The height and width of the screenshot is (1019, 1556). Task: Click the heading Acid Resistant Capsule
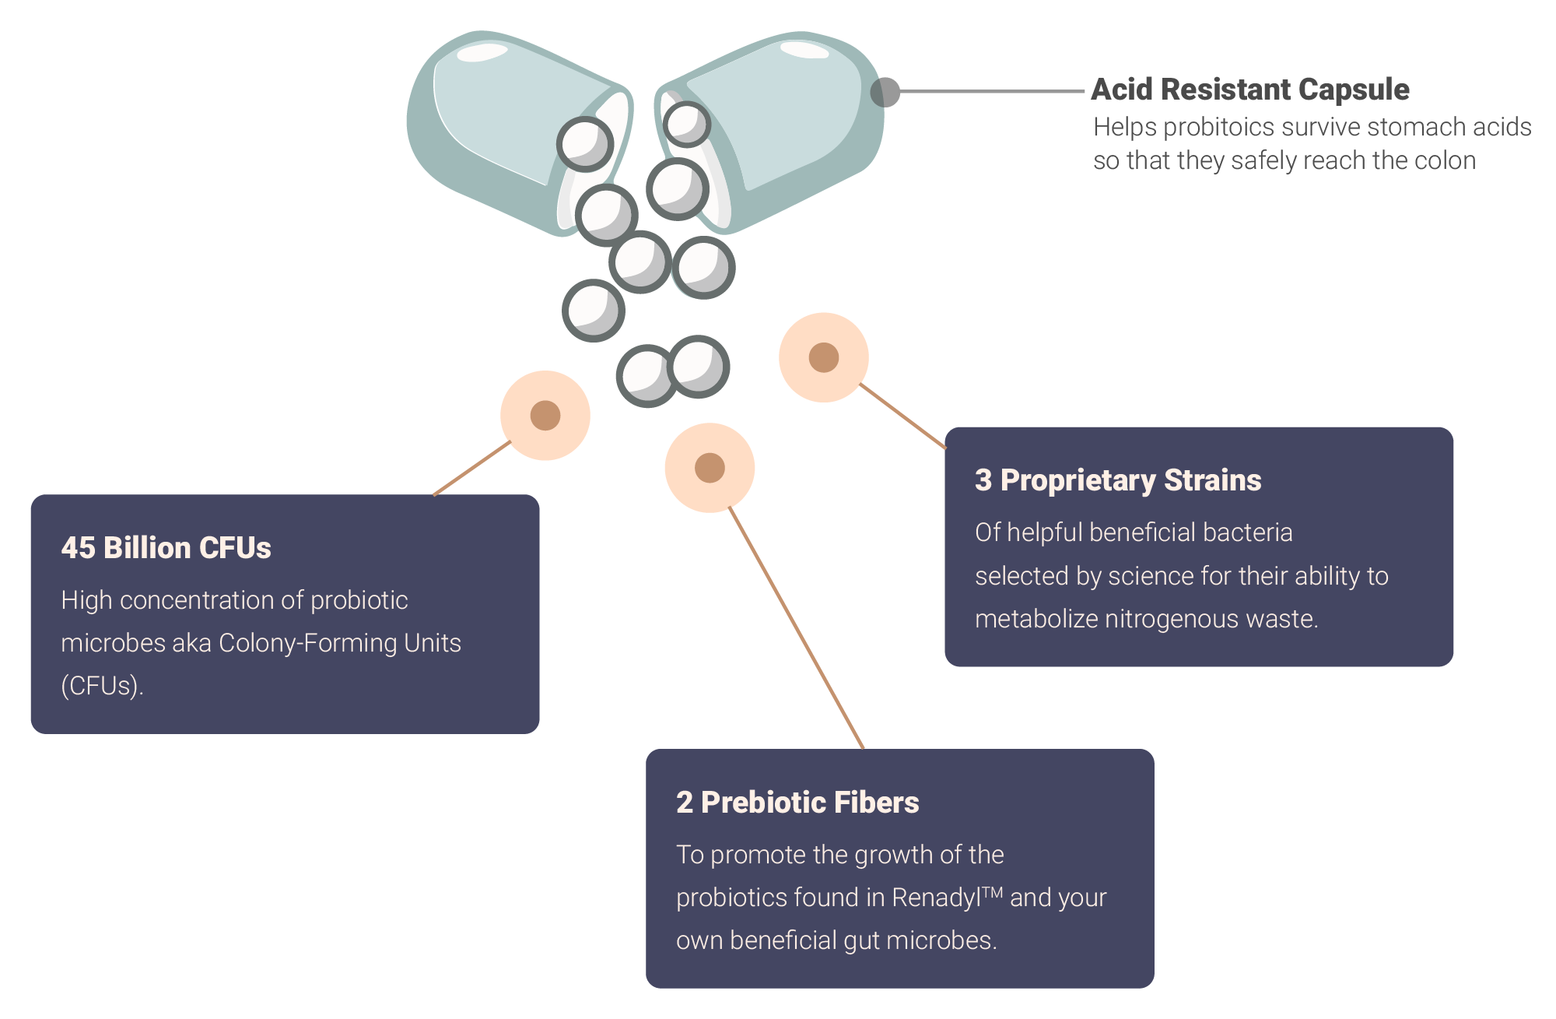pos(1249,90)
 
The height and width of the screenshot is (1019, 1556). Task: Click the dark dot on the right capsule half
pos(885,92)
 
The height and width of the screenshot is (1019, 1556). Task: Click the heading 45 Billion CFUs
pos(166,547)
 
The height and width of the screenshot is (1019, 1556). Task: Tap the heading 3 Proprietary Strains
pos(1117,480)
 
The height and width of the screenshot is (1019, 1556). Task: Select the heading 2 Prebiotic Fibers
pos(797,802)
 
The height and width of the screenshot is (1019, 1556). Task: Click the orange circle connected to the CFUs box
pos(545,415)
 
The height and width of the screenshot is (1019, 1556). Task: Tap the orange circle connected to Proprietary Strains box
pos(823,357)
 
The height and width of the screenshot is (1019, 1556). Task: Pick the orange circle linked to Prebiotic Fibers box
pos(709,467)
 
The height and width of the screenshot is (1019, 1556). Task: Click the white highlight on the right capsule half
pos(804,50)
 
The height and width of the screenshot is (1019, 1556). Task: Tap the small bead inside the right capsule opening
pos(686,124)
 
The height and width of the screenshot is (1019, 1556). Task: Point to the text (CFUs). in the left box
pos(102,686)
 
